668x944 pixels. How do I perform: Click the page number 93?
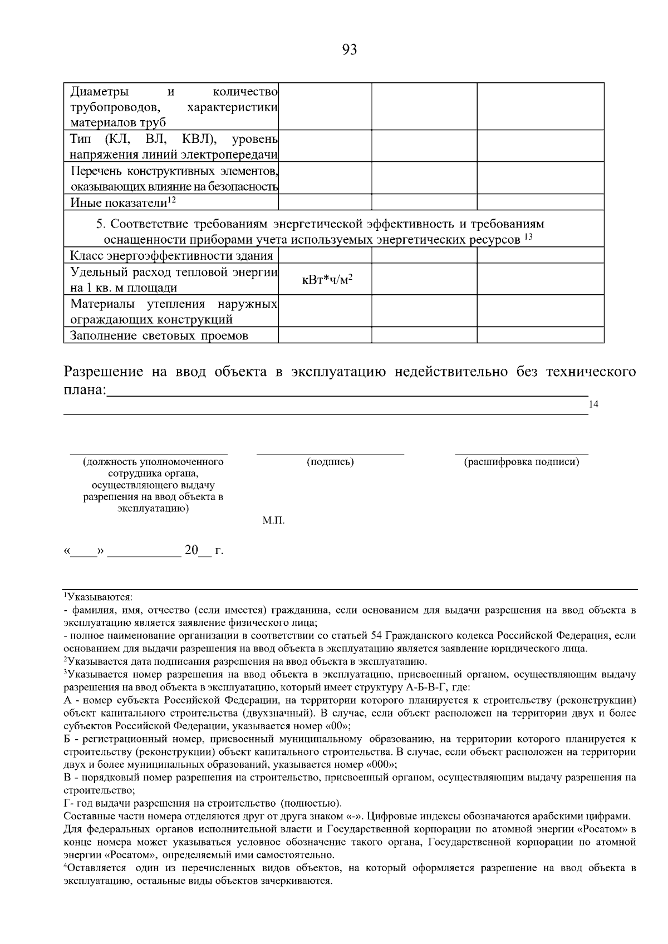(349, 50)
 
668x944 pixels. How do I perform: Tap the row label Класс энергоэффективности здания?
(171, 256)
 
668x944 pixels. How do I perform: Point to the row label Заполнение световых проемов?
(159, 335)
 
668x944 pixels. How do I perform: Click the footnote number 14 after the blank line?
(593, 404)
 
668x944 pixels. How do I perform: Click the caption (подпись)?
(330, 462)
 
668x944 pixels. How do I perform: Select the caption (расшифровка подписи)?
(522, 462)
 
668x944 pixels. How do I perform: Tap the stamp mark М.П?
(273, 521)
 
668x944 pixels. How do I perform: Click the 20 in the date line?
(191, 551)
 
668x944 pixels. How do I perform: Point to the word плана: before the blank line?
(84, 391)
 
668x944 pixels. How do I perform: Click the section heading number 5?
(100, 224)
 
